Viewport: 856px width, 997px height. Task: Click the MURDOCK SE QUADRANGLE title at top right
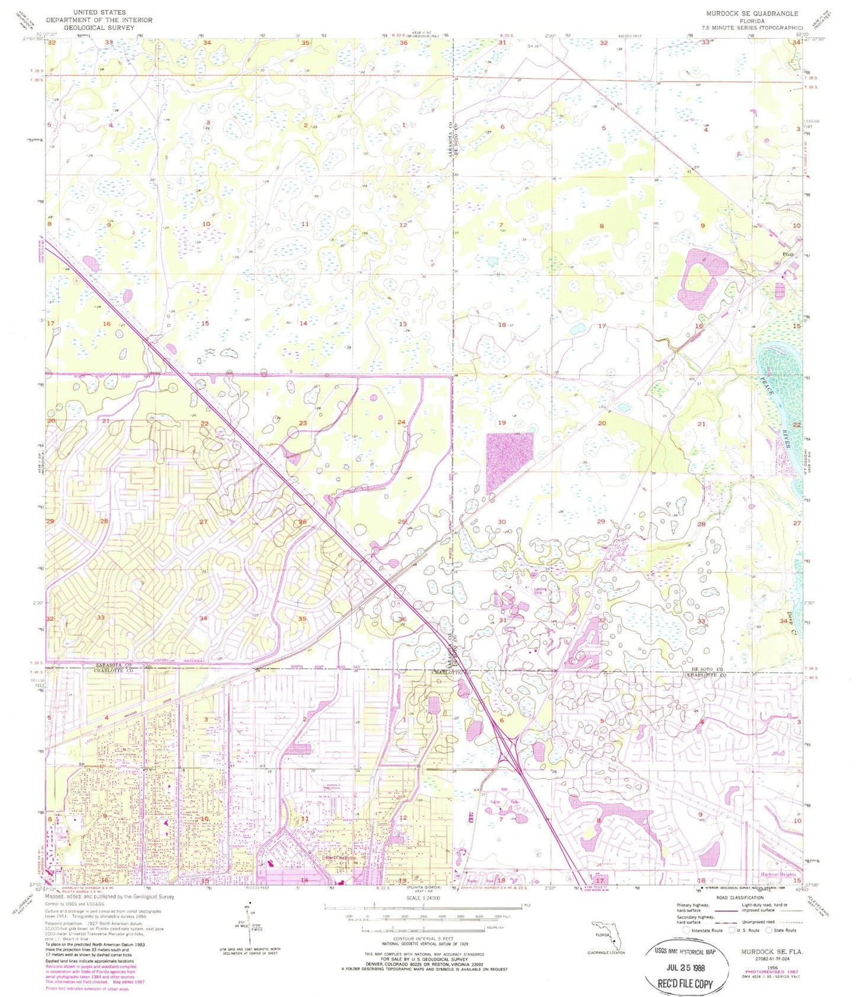(752, 13)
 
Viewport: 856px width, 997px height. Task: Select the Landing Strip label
(540, 590)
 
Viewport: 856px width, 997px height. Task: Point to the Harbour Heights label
(778, 874)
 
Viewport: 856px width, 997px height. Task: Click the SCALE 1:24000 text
(423, 898)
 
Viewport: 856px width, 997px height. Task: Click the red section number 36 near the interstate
(403, 619)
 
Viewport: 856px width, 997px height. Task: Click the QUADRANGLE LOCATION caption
(607, 953)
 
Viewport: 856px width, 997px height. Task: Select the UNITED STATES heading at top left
(99, 12)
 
